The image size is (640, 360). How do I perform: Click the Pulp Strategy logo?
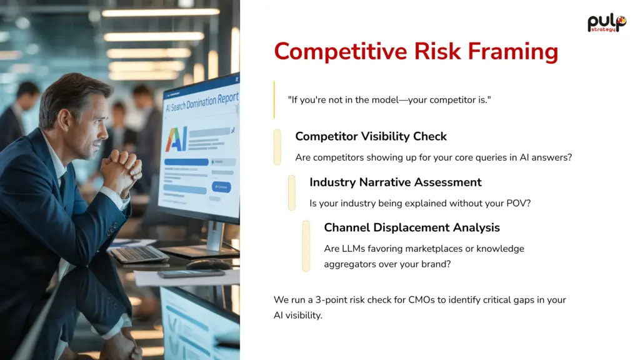(606, 23)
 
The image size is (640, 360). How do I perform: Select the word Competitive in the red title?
(341, 51)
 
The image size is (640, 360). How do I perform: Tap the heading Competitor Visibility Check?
(371, 136)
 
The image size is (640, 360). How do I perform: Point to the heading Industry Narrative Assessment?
(395, 182)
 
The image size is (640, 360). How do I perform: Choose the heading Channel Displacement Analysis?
(411, 227)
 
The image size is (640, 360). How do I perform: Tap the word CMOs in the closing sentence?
(421, 300)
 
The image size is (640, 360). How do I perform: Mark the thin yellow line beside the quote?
(274, 99)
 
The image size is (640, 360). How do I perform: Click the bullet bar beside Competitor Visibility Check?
(277, 147)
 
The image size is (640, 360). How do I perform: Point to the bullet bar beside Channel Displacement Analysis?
(306, 246)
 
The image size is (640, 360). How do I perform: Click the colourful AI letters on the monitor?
(176, 139)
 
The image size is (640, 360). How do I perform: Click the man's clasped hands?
(121, 168)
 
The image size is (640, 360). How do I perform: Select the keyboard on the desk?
(139, 254)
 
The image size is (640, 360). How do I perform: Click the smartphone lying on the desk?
(191, 274)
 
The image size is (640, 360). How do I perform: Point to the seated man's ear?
(65, 121)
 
